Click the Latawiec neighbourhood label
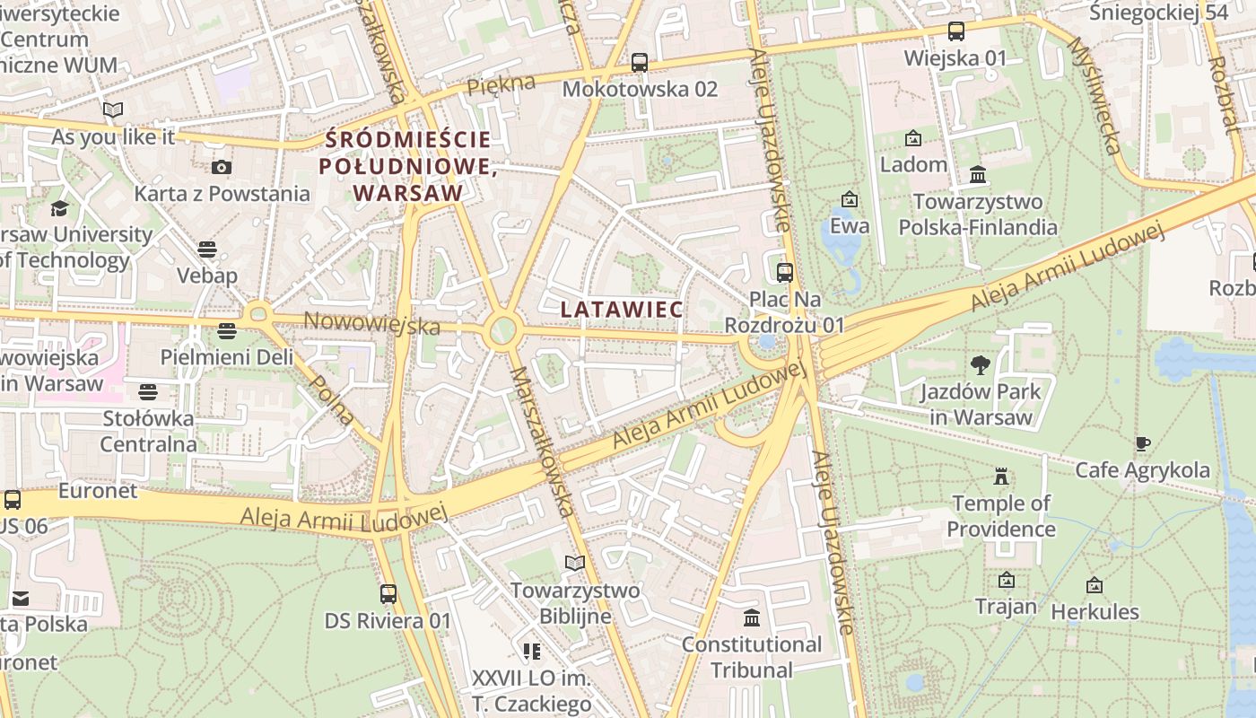[622, 309]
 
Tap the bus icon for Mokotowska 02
[639, 63]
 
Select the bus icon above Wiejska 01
[955, 31]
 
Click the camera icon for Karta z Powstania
[222, 167]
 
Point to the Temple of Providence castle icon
[1001, 477]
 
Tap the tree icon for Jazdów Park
[981, 364]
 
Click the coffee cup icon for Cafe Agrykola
[1142, 443]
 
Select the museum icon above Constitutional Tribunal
[752, 617]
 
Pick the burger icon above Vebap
[207, 249]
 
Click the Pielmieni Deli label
[226, 356]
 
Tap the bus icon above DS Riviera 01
[388, 593]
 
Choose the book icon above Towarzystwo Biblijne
[574, 563]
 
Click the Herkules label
[1095, 612]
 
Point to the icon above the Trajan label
[1006, 581]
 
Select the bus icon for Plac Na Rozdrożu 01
[785, 272]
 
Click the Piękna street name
[501, 86]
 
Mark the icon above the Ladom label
[913, 138]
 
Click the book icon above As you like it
[113, 110]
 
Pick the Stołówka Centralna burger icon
[148, 391]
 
